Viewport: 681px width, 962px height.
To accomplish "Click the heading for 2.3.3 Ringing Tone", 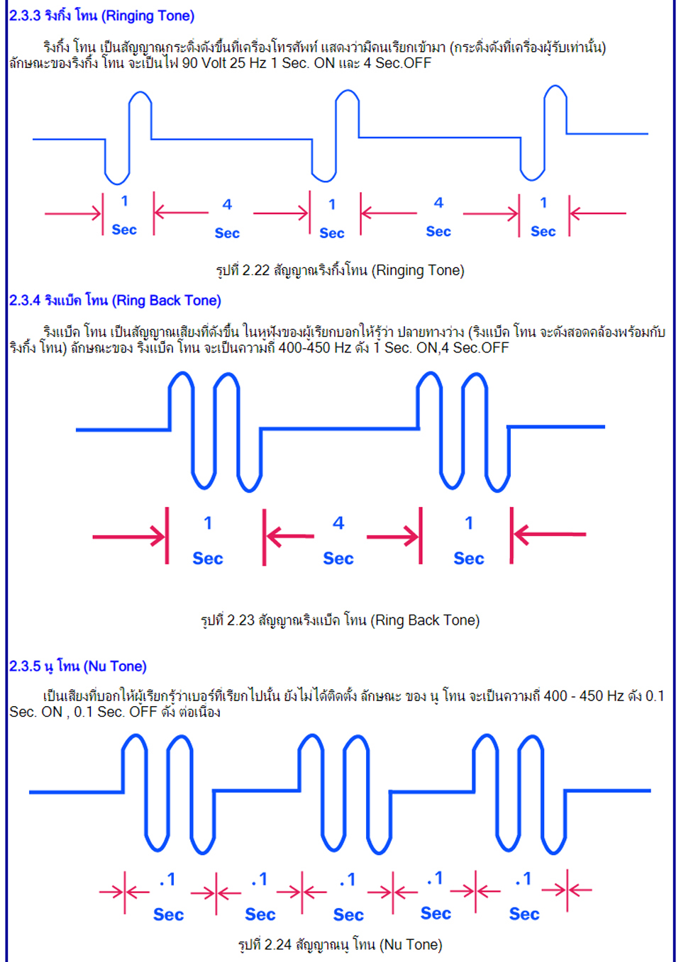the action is pos(102,16).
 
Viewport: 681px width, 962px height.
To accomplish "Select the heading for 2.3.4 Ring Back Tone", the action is pos(115,300).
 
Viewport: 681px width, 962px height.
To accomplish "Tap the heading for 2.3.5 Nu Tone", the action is pos(78,666).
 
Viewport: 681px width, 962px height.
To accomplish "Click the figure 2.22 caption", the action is pos(340,271).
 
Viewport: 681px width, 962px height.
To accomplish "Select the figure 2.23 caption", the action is pos(340,620).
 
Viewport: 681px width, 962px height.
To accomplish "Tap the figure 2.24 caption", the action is pos(340,944).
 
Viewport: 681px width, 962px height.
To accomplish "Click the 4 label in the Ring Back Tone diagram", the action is pos(338,522).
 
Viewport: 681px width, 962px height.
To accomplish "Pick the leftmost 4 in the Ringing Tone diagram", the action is pos(227,204).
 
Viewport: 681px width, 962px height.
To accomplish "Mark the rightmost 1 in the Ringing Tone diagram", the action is pos(544,202).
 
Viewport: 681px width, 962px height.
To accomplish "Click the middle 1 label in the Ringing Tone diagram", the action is pos(332,204).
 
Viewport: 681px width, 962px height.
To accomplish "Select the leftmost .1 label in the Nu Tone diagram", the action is pos(167,880).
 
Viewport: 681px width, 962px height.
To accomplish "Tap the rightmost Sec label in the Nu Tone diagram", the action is pos(524,914).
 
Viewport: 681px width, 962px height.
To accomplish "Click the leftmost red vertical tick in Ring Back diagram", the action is pos(167,535).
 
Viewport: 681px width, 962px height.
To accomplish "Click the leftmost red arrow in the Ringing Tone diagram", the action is pos(73,213).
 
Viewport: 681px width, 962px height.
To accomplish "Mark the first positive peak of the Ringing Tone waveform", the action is pos(140,92).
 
